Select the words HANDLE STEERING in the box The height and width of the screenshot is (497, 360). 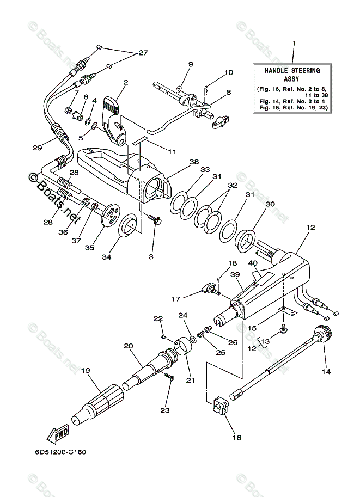pyautogui.click(x=292, y=71)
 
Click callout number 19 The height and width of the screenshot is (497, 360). pyautogui.click(x=85, y=370)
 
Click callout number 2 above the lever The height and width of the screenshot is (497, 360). pyautogui.click(x=125, y=83)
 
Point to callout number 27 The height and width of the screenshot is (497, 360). pyautogui.click(x=143, y=53)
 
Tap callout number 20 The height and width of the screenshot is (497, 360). pyautogui.click(x=129, y=346)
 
